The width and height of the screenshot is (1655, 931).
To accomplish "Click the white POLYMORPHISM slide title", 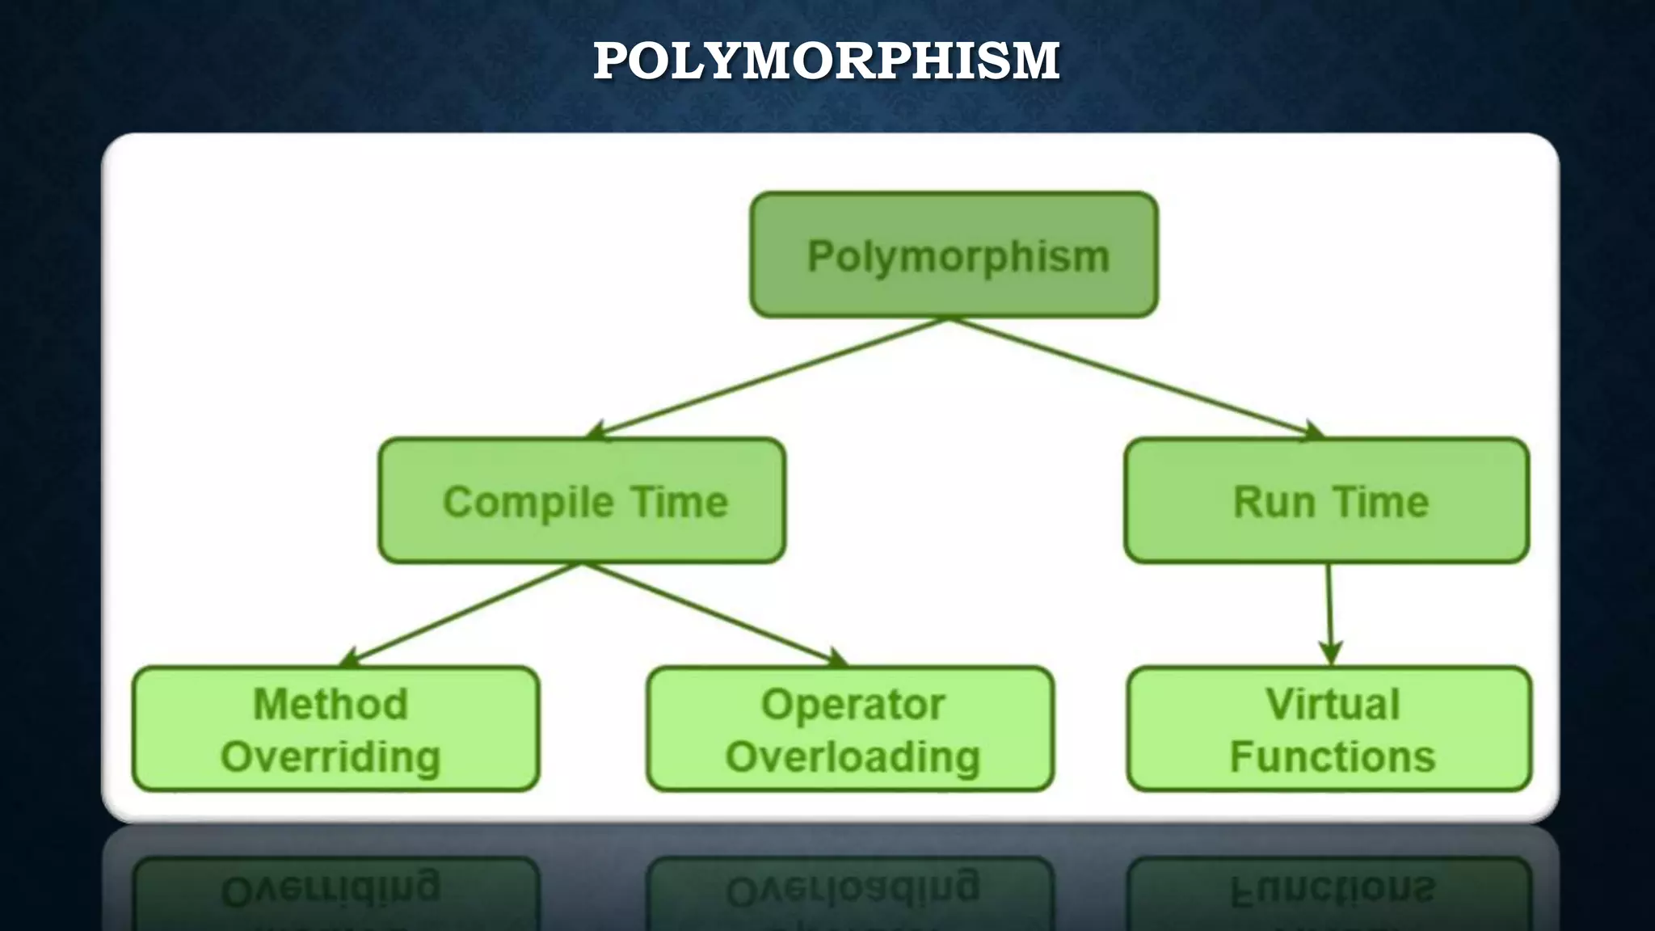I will click(x=826, y=61).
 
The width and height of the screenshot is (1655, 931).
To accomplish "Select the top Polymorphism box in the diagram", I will click(x=954, y=255).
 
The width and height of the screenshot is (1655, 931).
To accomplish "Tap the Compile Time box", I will click(x=582, y=501).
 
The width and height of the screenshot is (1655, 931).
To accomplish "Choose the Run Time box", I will click(x=1326, y=501).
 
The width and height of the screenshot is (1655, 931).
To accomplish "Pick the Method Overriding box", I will click(x=335, y=729).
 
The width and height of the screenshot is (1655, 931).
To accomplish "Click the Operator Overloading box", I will click(x=850, y=729).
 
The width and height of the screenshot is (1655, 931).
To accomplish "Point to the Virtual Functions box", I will click(x=1329, y=729).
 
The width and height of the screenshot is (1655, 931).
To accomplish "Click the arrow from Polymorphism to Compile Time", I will click(x=768, y=378).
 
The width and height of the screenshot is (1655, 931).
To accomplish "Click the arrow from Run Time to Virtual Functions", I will click(x=1329, y=614).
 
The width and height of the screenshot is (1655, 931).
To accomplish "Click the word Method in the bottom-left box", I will click(x=331, y=704).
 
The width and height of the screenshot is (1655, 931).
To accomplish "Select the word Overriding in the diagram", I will click(x=331, y=757).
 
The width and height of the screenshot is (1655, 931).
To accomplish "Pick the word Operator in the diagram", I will click(x=853, y=704).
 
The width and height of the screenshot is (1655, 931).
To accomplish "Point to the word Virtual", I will click(x=1333, y=704).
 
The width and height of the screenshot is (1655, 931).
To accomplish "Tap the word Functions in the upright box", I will click(x=1333, y=757).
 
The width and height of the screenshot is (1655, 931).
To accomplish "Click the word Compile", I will click(x=529, y=503).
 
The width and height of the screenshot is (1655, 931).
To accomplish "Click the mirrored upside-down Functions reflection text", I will click(x=1333, y=889).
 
